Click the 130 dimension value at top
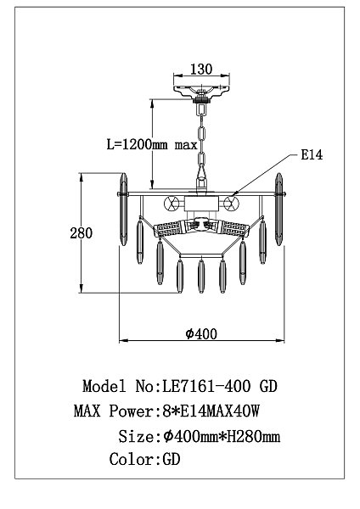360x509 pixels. pyautogui.click(x=200, y=70)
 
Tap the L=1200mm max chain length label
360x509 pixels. pyautogui.click(x=152, y=144)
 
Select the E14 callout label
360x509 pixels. pyautogui.click(x=312, y=155)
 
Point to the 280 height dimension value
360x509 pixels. pyautogui.click(x=82, y=233)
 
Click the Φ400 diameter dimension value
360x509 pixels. pyautogui.click(x=201, y=333)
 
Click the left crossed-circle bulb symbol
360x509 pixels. pyautogui.click(x=172, y=204)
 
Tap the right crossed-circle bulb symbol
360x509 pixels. pyautogui.click(x=231, y=204)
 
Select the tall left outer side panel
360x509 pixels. pyautogui.click(x=123, y=210)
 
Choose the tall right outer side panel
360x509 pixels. pyautogui.click(x=278, y=210)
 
